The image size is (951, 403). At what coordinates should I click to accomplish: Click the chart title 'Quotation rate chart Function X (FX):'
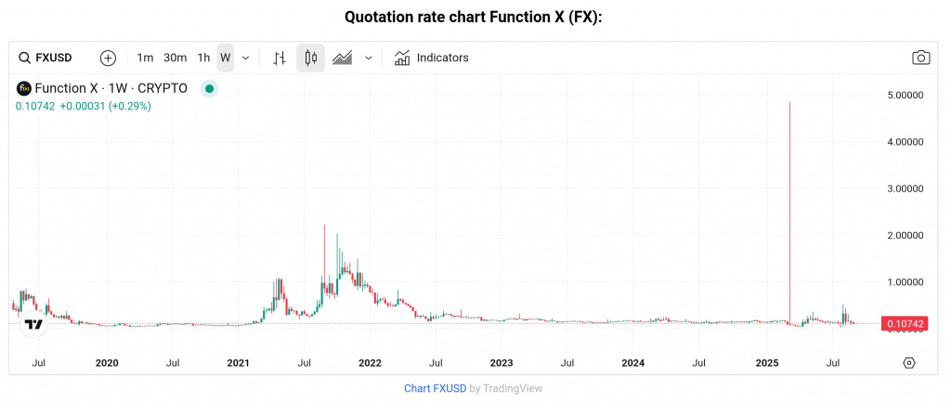(x=475, y=17)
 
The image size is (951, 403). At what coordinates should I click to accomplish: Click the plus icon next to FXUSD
(x=108, y=58)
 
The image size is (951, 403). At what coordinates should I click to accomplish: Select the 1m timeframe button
(x=145, y=58)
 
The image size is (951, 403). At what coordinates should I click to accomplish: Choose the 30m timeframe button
(x=175, y=58)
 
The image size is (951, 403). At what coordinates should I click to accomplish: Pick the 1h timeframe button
(x=203, y=58)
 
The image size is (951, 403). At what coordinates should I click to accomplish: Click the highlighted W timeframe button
(x=225, y=58)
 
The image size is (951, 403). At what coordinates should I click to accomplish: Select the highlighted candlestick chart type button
(x=311, y=58)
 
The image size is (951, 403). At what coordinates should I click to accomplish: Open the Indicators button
(x=432, y=58)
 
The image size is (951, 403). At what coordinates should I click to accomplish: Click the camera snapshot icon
(x=920, y=58)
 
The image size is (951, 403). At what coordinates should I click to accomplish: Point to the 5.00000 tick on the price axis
(x=905, y=95)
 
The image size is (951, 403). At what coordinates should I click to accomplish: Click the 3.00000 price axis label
(x=905, y=188)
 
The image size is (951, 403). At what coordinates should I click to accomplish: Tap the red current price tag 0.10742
(x=905, y=323)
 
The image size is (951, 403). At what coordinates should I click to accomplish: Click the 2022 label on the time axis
(x=370, y=362)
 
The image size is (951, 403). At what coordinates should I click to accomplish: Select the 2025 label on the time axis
(x=766, y=362)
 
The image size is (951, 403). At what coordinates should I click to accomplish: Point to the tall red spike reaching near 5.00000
(x=789, y=186)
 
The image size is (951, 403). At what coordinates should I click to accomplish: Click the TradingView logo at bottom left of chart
(x=33, y=325)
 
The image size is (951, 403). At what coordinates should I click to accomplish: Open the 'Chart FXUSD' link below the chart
(x=434, y=388)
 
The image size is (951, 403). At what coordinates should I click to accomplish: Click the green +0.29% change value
(x=130, y=106)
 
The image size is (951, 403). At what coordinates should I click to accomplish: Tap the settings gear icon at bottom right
(x=908, y=362)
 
